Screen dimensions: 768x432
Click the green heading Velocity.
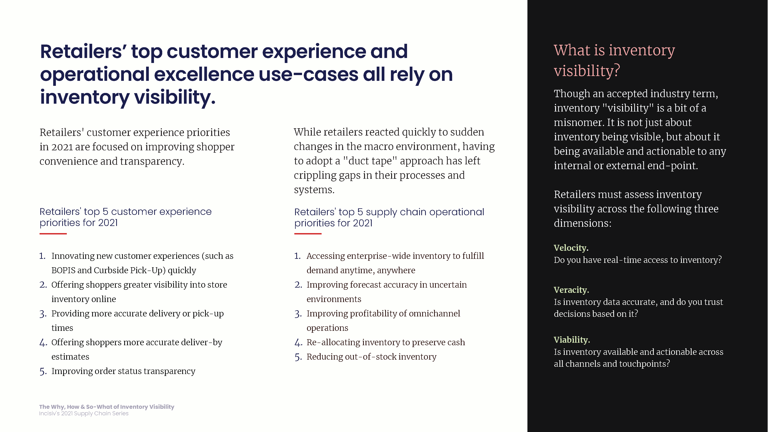571,248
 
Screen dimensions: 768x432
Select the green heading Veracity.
571,290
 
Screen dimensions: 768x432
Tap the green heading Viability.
572,340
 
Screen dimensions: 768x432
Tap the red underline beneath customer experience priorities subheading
53,234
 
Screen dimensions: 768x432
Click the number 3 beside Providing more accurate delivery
43,314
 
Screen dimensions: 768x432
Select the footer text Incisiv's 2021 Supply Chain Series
84,414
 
